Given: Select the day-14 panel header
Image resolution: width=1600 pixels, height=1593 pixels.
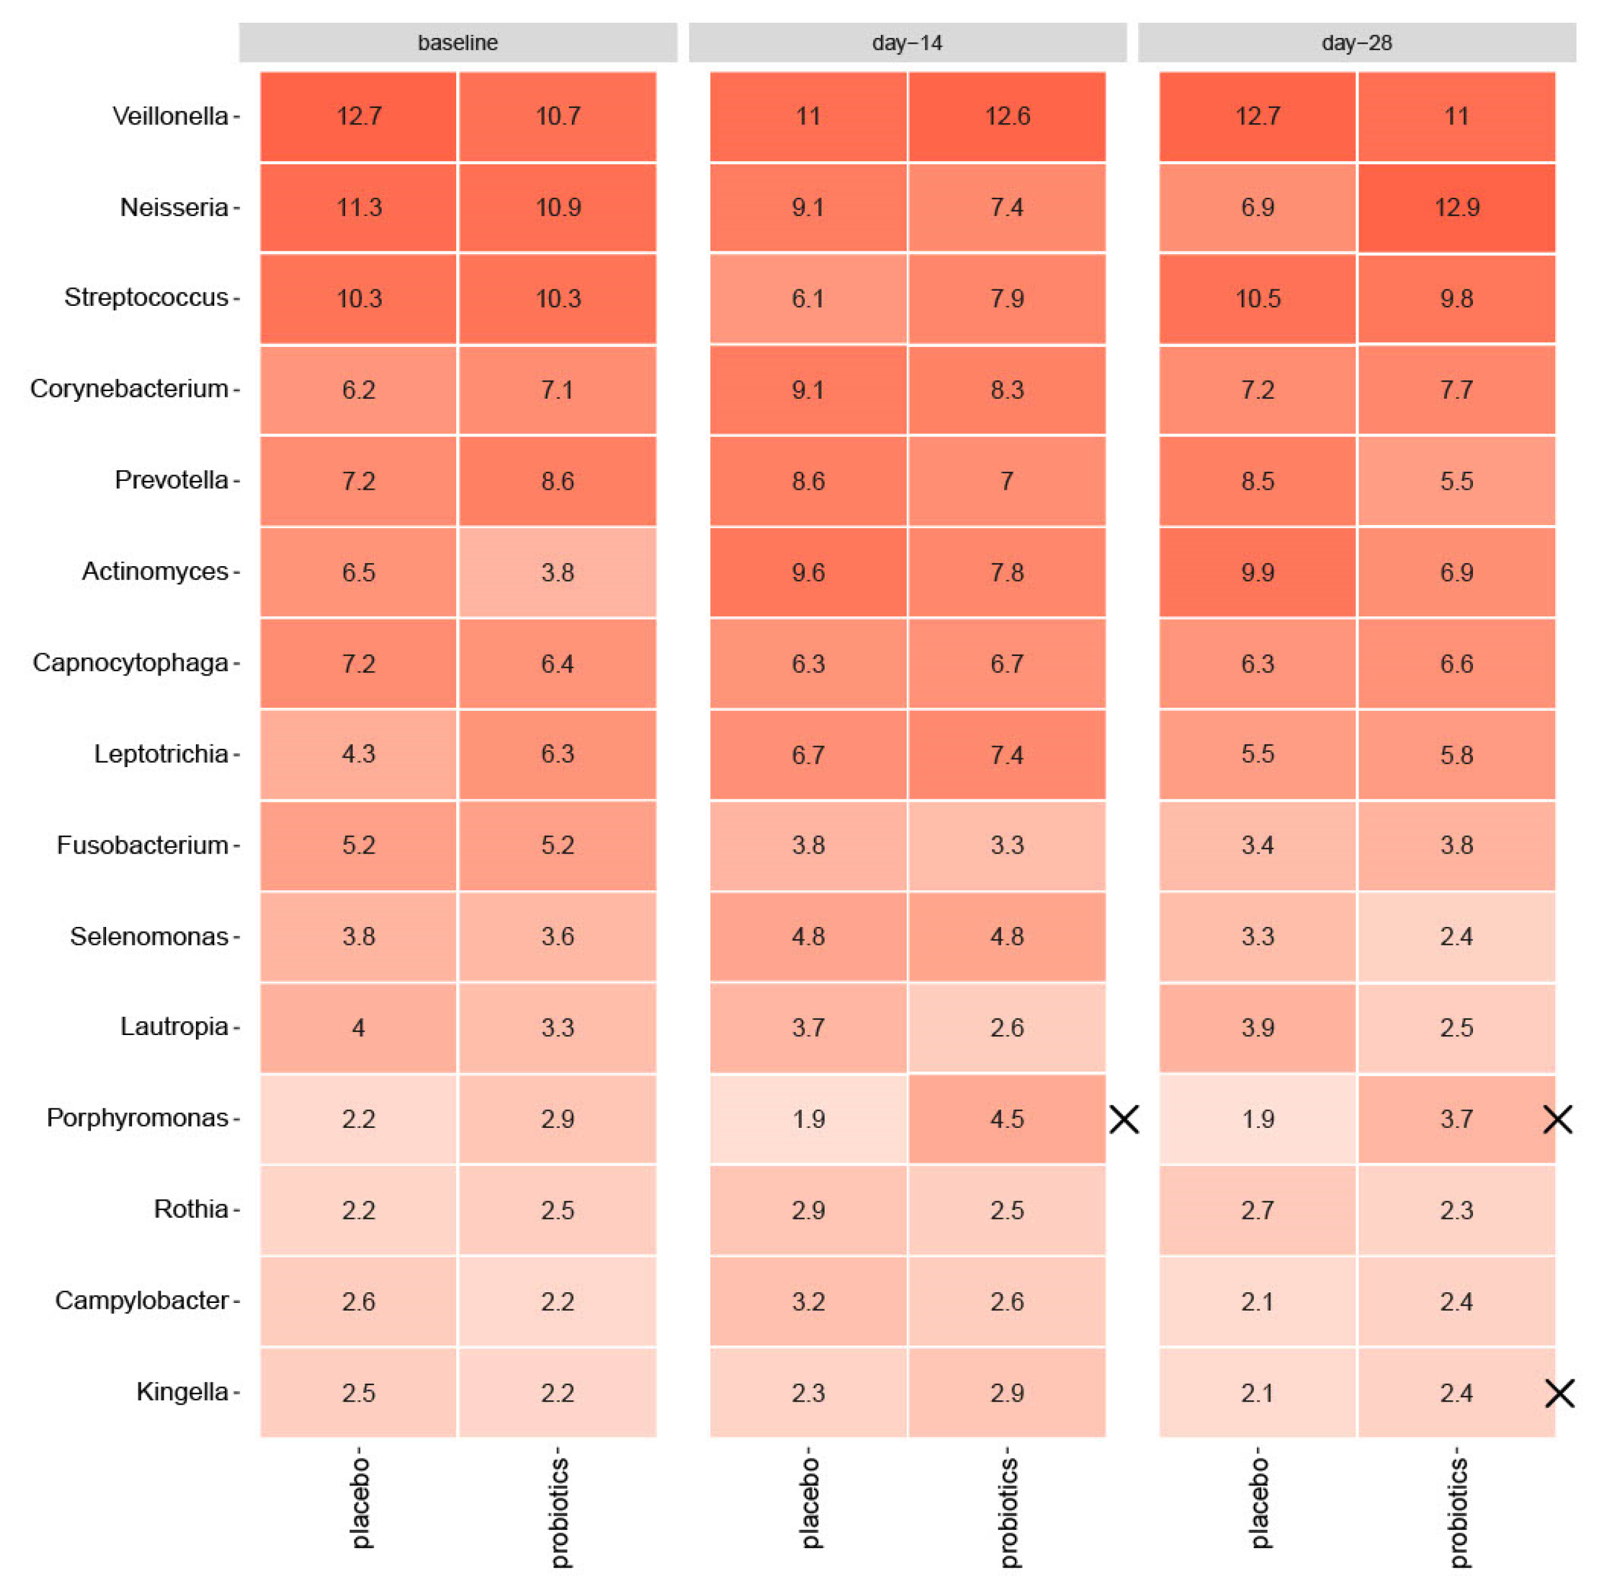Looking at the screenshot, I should click(907, 42).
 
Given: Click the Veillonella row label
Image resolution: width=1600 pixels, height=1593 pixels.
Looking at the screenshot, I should click(170, 116).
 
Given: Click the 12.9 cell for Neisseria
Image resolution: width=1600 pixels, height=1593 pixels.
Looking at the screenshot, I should click(1456, 207).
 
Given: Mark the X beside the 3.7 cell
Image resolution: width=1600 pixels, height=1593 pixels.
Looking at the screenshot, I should click(1558, 1120).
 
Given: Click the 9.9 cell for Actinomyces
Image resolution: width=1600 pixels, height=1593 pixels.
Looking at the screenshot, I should click(1257, 572).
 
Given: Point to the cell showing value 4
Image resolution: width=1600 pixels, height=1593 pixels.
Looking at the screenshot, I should click(358, 1027).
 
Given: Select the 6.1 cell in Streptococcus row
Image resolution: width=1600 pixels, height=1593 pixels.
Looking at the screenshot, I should click(808, 298).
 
